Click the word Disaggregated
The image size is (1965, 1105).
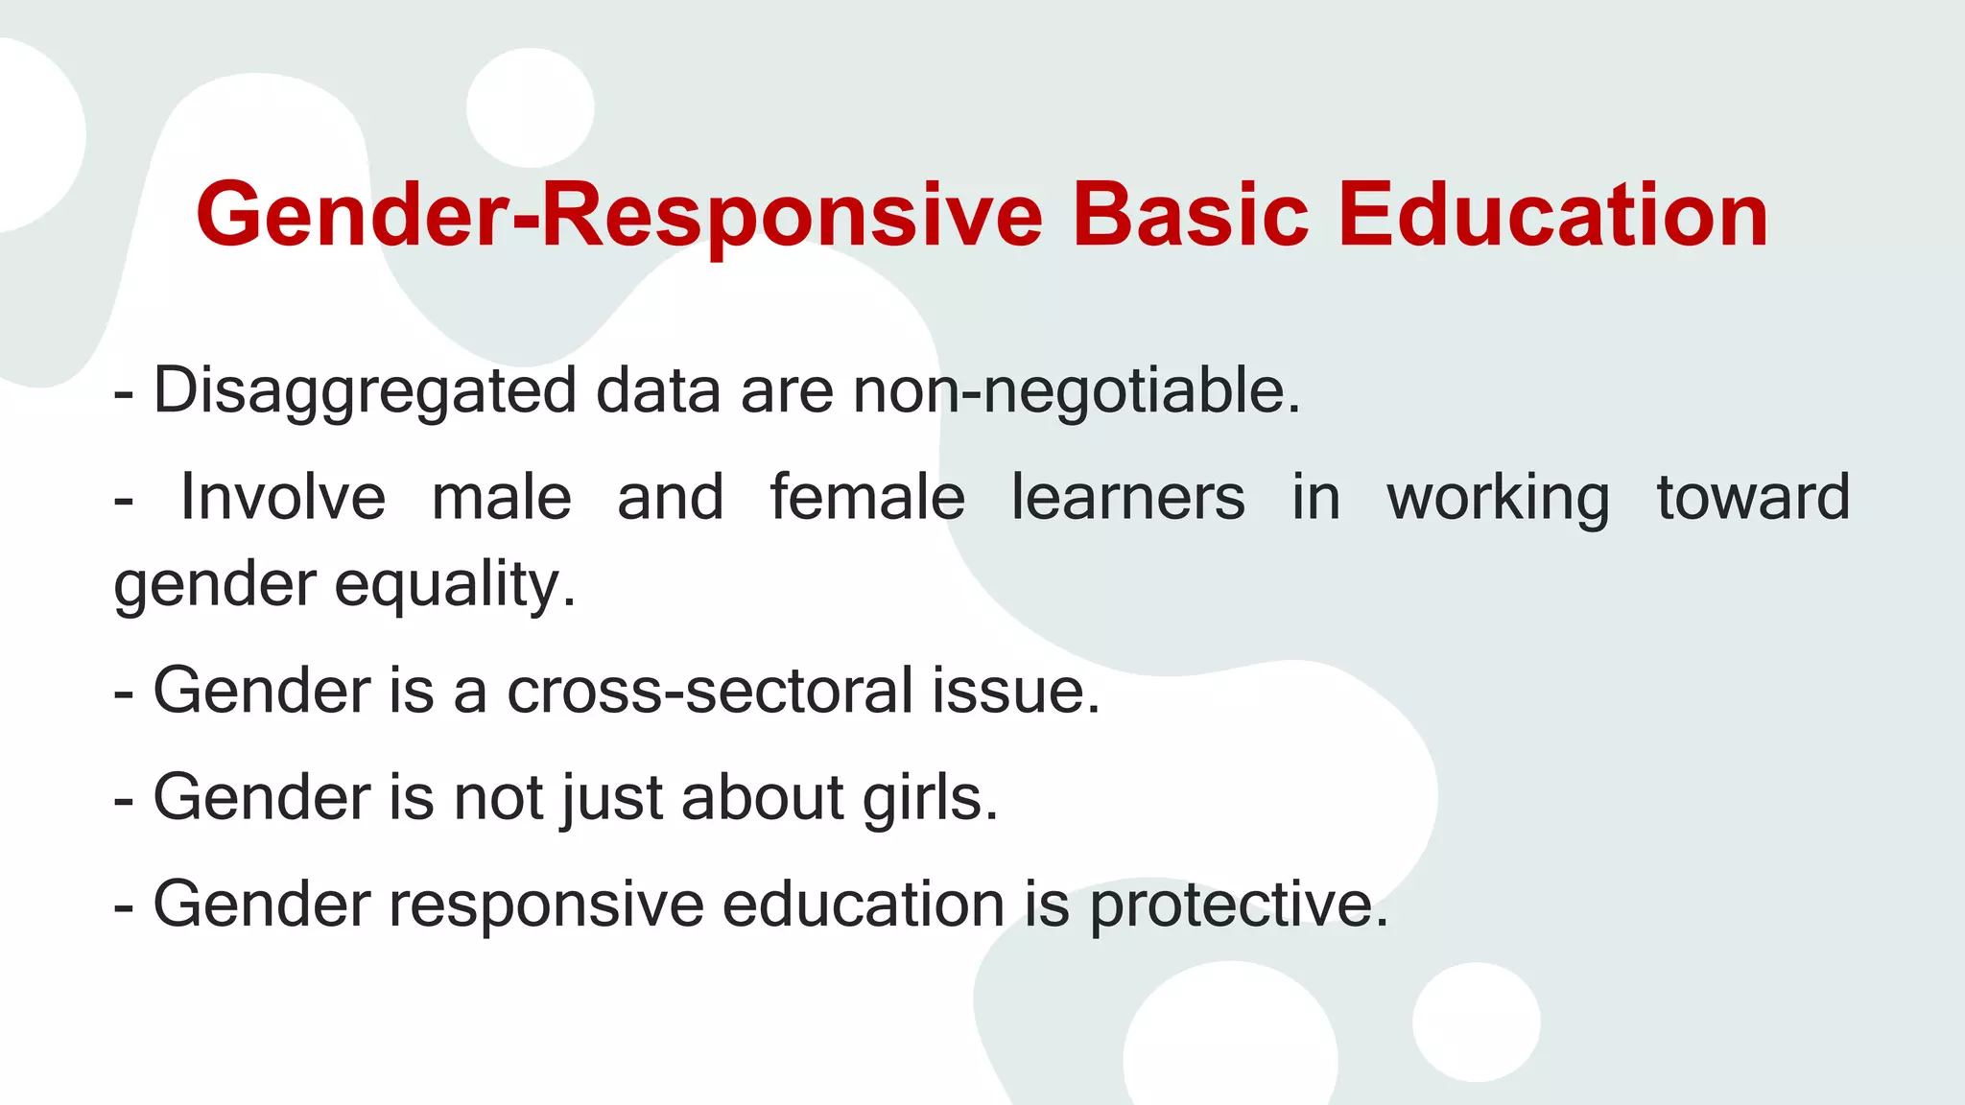(365, 391)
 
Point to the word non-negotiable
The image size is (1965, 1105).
(1076, 391)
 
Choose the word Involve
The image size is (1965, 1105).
(283, 497)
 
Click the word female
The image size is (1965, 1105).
(867, 497)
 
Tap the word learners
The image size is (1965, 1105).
(1128, 497)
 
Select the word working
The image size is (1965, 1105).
(1498, 499)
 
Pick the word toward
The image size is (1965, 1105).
(1753, 497)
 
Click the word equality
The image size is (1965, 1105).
(455, 585)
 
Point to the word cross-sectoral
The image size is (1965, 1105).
(710, 691)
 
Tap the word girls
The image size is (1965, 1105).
(930, 798)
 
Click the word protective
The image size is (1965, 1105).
(1238, 905)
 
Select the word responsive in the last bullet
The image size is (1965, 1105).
(546, 905)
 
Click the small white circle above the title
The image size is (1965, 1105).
(530, 107)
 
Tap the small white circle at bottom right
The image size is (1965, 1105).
(1476, 1022)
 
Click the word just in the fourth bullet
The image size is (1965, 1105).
(612, 798)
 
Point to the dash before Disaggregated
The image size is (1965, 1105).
(123, 393)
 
